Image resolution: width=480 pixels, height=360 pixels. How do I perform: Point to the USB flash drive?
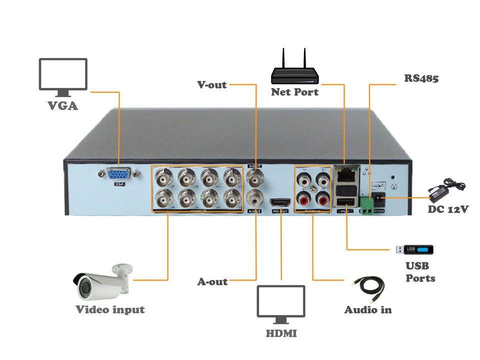(414, 249)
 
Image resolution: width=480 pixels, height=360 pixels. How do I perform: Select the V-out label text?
(212, 85)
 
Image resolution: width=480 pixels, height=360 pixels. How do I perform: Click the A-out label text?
(212, 282)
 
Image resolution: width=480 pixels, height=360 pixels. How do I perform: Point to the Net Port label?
(294, 92)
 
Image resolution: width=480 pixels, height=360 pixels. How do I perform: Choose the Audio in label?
(368, 310)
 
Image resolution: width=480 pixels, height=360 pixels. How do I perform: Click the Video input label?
(110, 310)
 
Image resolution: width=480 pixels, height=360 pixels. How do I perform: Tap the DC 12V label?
(448, 209)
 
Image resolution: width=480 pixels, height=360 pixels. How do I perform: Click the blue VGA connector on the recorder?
(119, 174)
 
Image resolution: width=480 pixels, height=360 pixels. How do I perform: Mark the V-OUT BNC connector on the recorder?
(255, 177)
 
